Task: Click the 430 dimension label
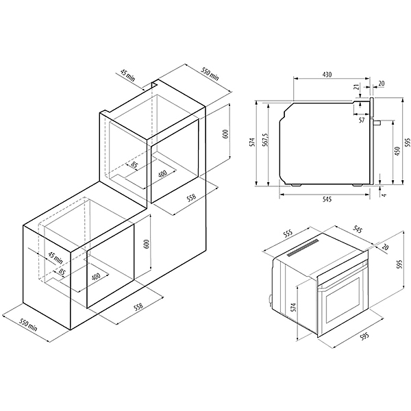point(327,75)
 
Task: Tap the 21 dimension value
point(357,87)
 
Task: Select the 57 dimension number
point(362,121)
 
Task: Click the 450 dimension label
point(397,151)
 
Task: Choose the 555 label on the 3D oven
point(288,234)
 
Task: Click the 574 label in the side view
point(253,142)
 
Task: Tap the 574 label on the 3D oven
point(293,307)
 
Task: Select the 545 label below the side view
point(327,199)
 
